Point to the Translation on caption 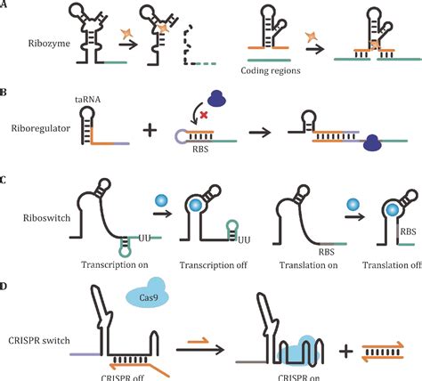(287, 263)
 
